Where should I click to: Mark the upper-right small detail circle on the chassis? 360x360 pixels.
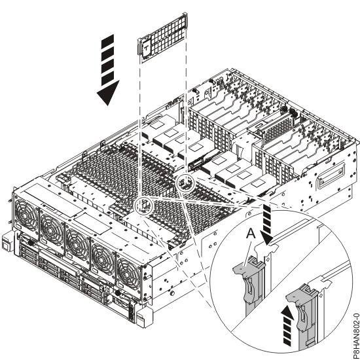185,181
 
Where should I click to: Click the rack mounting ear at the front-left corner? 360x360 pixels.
7,245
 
